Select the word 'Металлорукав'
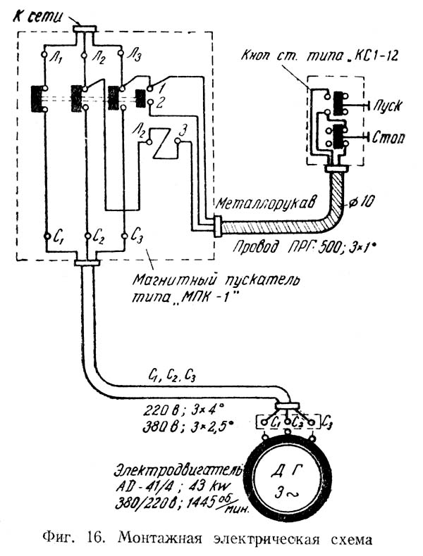265,203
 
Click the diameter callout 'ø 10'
362,202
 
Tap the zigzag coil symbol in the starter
161,143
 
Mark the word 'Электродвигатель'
178,471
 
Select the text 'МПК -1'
206,297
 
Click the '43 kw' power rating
211,486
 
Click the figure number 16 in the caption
95,539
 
